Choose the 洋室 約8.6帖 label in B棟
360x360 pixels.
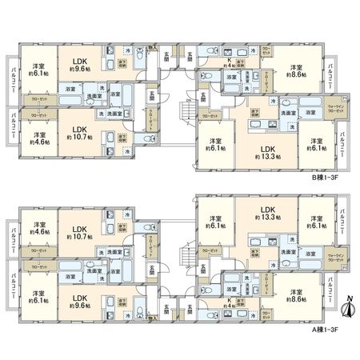297,72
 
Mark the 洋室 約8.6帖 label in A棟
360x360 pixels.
297,297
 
